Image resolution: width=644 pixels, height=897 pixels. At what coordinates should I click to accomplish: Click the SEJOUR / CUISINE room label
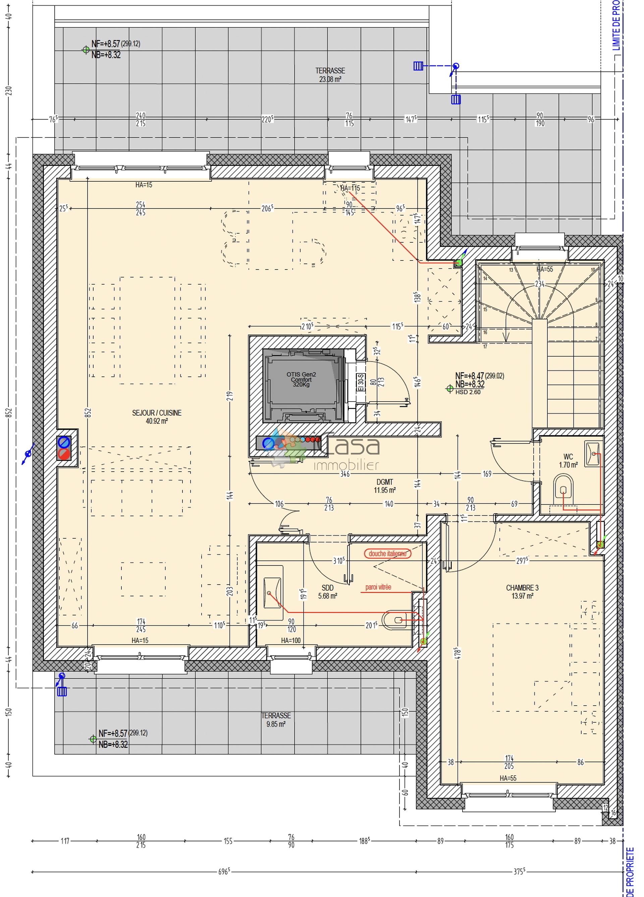pos(156,416)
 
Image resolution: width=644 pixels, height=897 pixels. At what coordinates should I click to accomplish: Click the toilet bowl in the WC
pos(563,490)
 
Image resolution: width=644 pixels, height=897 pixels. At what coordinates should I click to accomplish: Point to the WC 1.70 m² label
pos(568,461)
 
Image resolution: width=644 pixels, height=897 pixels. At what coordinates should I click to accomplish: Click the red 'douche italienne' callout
pos(387,553)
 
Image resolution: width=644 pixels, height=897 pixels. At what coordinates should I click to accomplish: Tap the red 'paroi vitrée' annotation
pos(378,587)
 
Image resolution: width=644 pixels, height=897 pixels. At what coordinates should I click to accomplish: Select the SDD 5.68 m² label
pos(327,592)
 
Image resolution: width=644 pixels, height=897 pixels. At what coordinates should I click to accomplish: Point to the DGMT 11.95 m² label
pos(384,486)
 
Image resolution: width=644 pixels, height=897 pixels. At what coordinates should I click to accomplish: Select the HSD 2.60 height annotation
pos(468,392)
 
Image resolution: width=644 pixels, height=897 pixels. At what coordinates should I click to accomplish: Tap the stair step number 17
pos(485,347)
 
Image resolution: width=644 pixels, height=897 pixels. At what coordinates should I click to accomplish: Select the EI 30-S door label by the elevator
pos(360,382)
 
